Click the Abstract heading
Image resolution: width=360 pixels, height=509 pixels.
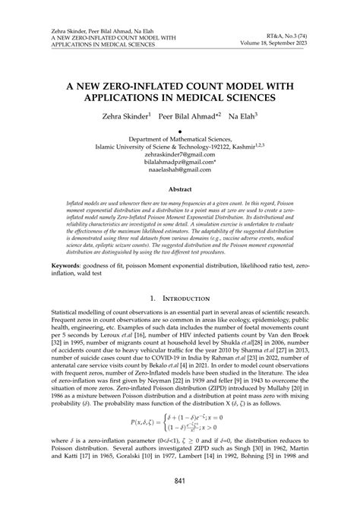[180, 167]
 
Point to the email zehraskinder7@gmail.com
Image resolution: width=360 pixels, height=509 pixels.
[180, 151]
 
